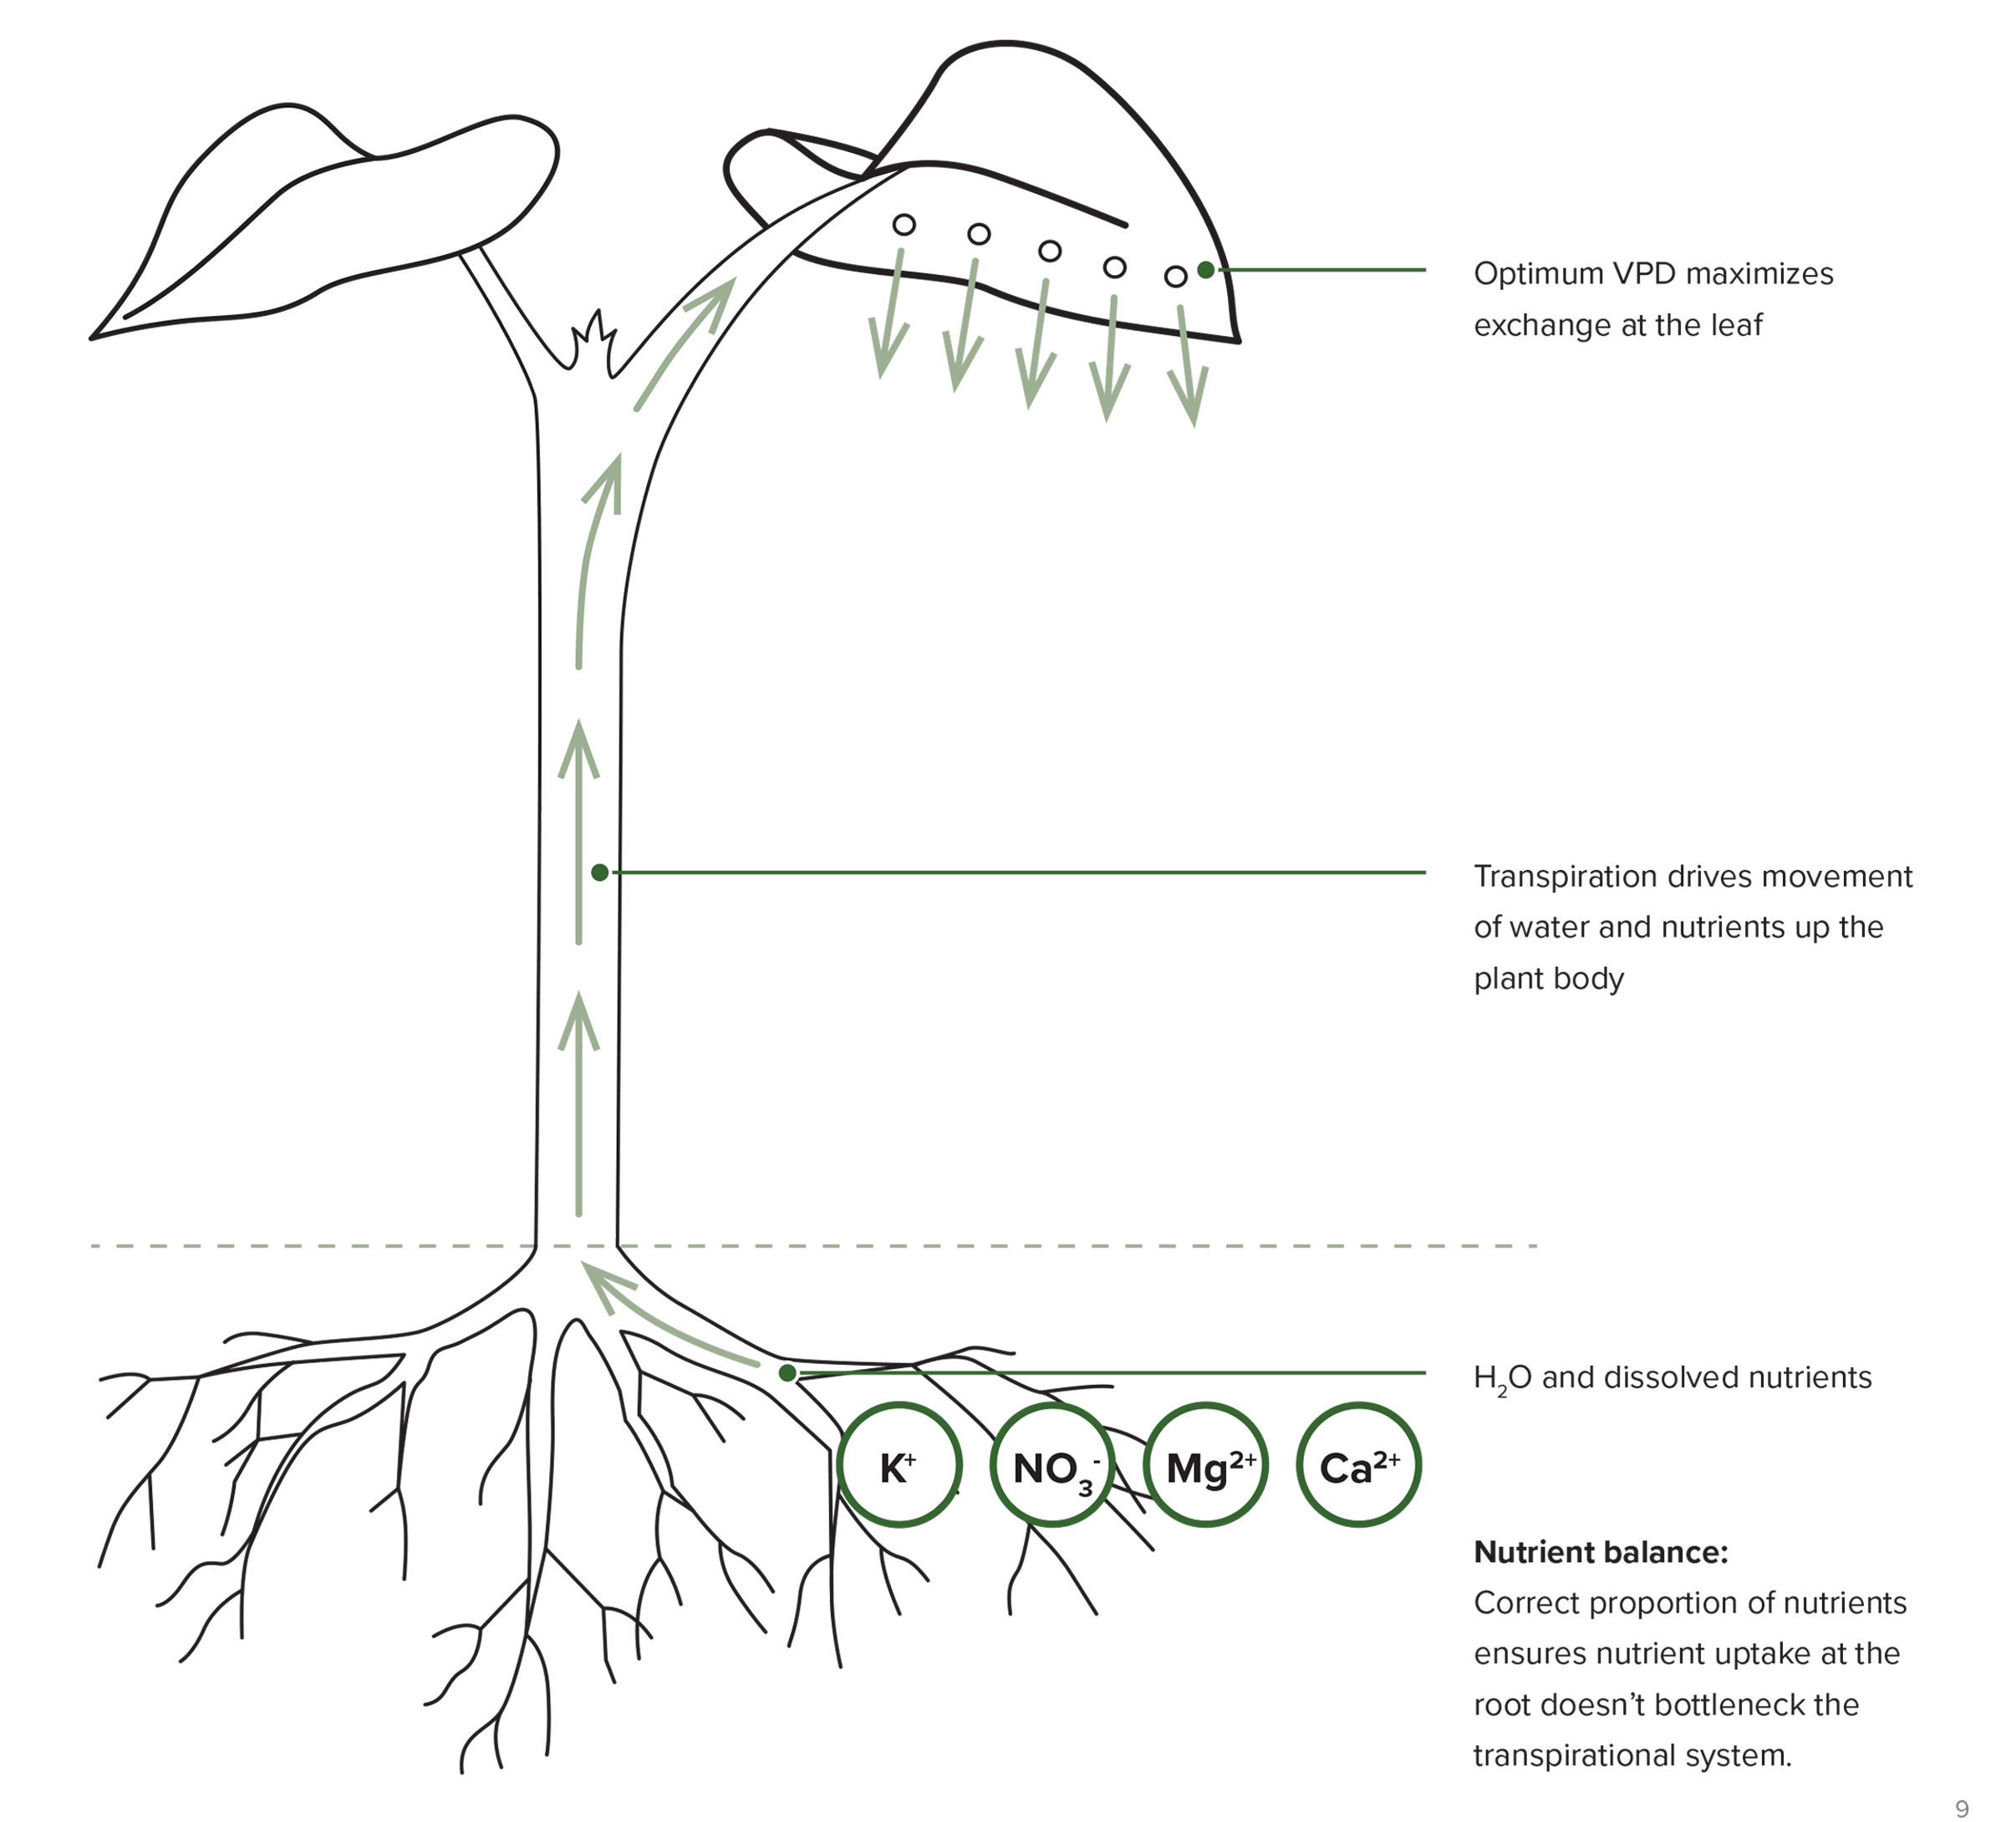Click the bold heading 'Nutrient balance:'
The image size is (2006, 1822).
click(1601, 1551)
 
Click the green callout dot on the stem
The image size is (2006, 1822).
click(600, 873)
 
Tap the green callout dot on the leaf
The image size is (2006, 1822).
click(1206, 270)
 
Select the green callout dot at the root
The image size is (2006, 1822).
click(787, 1373)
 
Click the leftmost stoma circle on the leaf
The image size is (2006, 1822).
click(904, 225)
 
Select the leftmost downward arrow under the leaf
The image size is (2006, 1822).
click(888, 313)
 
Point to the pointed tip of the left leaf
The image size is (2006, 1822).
click(92, 338)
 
